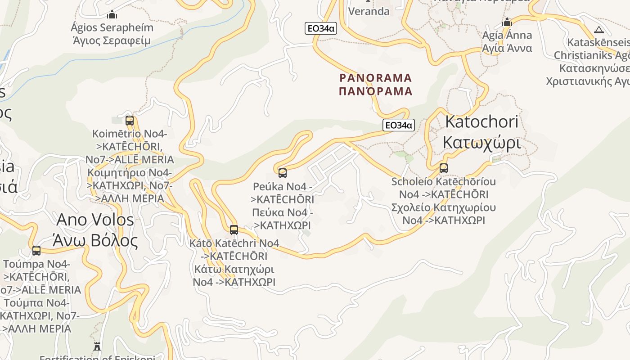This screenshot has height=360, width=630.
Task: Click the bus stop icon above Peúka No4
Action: point(283,173)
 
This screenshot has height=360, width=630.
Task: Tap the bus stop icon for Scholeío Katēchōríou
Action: point(444,168)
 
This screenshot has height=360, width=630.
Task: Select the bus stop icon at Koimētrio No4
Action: point(130,120)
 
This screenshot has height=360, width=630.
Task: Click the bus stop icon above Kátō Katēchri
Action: point(234,229)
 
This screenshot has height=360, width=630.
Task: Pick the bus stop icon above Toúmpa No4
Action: point(36,250)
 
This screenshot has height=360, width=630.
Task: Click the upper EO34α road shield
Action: point(320,28)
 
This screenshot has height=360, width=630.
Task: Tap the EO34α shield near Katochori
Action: point(398,125)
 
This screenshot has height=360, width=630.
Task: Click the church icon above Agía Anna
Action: point(507,22)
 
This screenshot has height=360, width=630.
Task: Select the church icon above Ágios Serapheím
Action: point(112,14)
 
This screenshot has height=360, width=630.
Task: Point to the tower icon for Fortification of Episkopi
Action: point(97,346)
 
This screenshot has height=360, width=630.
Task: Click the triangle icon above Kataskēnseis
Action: point(598,30)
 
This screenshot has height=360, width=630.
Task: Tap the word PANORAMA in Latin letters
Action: point(376,78)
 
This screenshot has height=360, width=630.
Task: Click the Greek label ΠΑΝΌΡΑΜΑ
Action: point(376,91)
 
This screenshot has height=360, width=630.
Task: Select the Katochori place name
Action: point(481,122)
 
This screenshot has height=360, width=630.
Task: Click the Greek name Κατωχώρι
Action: point(481,143)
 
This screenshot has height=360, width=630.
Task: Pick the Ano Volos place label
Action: point(95,220)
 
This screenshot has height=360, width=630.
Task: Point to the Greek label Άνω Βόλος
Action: point(95,241)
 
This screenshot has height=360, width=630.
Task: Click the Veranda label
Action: point(369,11)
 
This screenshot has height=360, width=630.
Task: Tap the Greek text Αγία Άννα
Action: point(507,48)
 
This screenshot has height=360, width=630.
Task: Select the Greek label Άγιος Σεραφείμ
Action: point(112,40)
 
